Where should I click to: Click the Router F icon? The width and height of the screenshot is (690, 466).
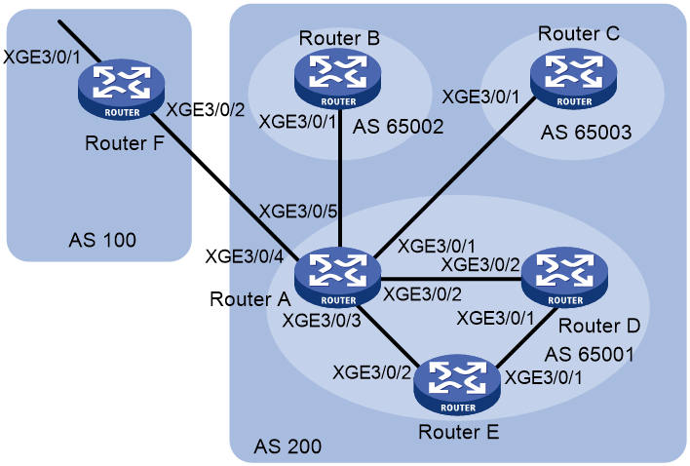[122, 90]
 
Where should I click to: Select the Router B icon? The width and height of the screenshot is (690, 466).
[338, 79]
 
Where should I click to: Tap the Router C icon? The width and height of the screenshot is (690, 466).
[573, 79]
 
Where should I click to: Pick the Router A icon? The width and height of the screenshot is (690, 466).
[337, 277]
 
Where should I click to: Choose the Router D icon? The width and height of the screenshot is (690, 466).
[564, 277]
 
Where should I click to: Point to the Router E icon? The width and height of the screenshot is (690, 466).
[457, 384]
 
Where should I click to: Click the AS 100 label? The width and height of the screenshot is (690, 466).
[102, 240]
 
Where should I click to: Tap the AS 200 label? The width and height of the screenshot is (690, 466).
[287, 447]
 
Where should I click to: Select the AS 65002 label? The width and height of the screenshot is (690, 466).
[399, 127]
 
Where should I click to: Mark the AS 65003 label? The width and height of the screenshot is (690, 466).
[586, 132]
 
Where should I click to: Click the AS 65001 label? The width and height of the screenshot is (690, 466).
[590, 354]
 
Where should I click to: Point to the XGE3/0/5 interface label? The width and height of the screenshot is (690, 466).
[298, 212]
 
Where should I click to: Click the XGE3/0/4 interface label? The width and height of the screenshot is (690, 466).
[245, 256]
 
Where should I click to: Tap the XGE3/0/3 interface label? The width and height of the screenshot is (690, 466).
[322, 321]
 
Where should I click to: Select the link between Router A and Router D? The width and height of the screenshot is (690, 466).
[451, 279]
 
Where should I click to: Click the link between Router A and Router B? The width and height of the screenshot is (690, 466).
[340, 178]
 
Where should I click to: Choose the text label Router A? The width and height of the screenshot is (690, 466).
[249, 299]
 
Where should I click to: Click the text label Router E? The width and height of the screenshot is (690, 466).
[458, 432]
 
